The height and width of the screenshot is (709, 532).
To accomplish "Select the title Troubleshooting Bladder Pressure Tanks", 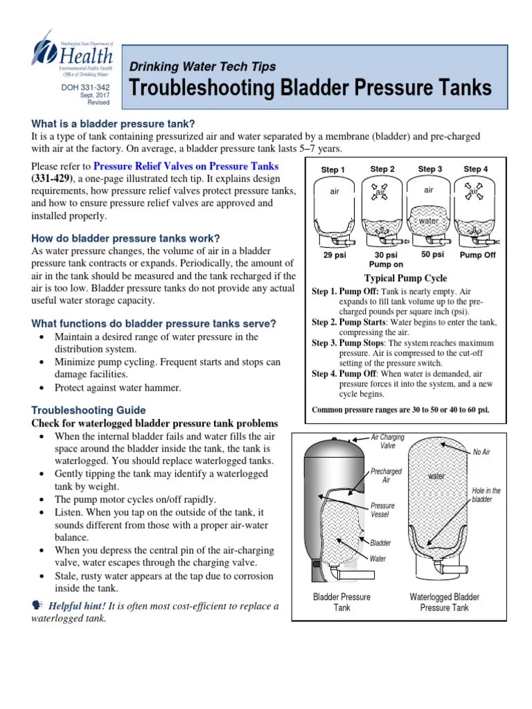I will click(x=311, y=88).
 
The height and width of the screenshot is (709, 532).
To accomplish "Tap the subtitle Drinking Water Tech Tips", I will click(x=203, y=67).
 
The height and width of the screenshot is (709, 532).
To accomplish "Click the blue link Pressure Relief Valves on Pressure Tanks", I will click(x=186, y=166).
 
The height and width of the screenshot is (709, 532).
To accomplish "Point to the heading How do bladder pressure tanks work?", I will click(x=126, y=238).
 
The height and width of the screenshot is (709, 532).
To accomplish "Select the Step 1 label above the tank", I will click(x=333, y=170).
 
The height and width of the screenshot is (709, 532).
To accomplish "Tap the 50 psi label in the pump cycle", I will click(x=432, y=255).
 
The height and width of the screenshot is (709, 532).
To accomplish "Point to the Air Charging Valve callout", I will click(x=388, y=442).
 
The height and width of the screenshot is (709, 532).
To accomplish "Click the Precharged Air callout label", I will click(x=386, y=476).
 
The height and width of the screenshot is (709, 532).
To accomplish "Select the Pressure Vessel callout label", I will click(x=383, y=510).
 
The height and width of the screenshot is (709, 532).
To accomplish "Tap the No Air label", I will click(x=481, y=452).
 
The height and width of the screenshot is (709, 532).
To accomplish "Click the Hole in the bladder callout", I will click(x=486, y=495).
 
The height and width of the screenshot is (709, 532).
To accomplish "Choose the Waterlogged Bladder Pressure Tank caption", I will click(x=444, y=602).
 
